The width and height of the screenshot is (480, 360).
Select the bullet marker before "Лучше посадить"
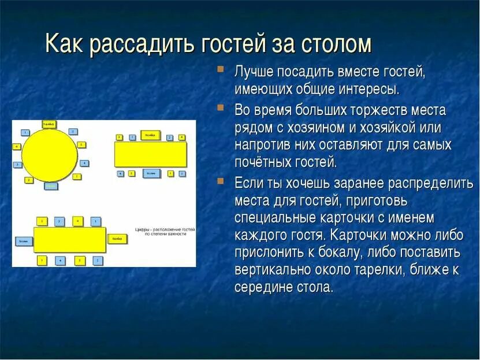click(x=221, y=70)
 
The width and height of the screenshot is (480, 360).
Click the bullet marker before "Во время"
click(x=221, y=108)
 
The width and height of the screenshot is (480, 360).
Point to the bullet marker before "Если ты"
click(x=221, y=181)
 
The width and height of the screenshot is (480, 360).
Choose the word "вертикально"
click(x=272, y=270)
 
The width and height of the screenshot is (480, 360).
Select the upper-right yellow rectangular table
click(x=151, y=154)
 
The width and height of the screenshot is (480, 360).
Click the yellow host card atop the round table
click(x=49, y=124)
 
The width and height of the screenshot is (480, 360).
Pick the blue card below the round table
click(x=51, y=186)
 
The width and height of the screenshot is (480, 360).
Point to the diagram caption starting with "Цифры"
click(x=165, y=232)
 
